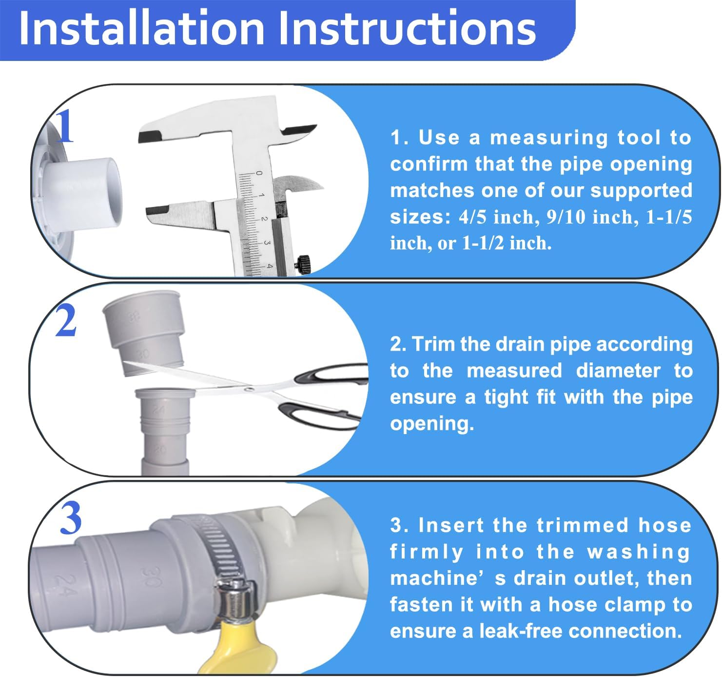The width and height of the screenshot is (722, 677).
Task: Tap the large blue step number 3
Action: click(71, 519)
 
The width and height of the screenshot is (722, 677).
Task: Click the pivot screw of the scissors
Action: click(250, 389)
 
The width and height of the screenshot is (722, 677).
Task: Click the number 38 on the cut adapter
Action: click(134, 318)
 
